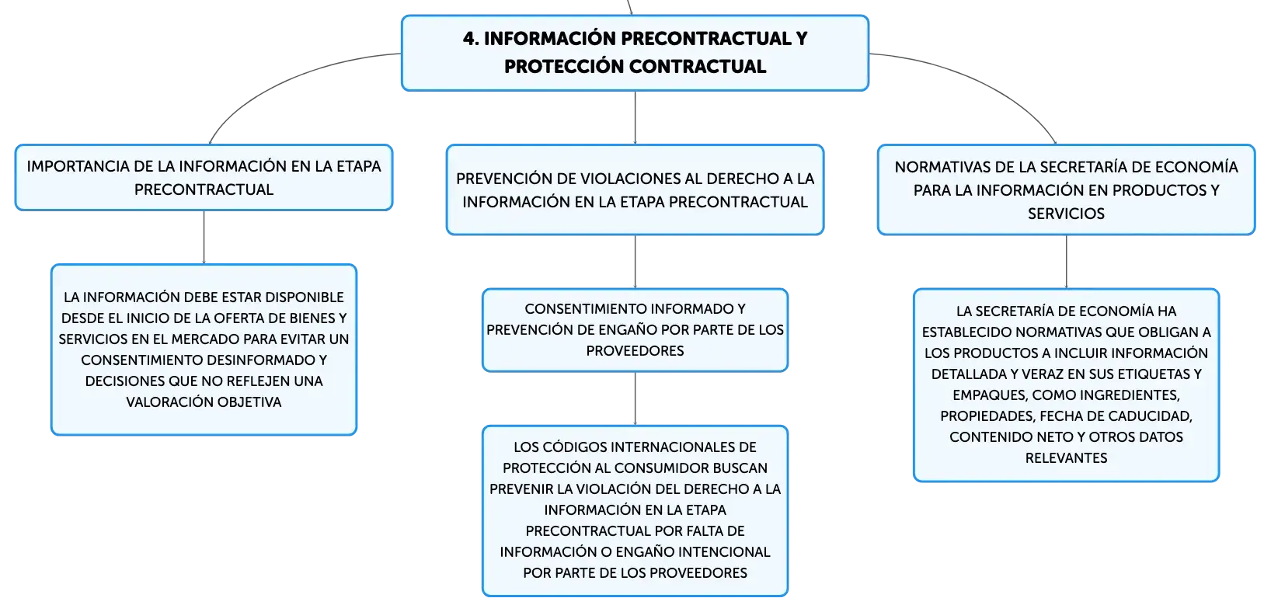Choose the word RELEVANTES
coord(1066,457)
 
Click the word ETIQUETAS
coord(1149,374)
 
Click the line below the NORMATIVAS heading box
coord(1065,261)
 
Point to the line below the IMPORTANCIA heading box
coord(203,236)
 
